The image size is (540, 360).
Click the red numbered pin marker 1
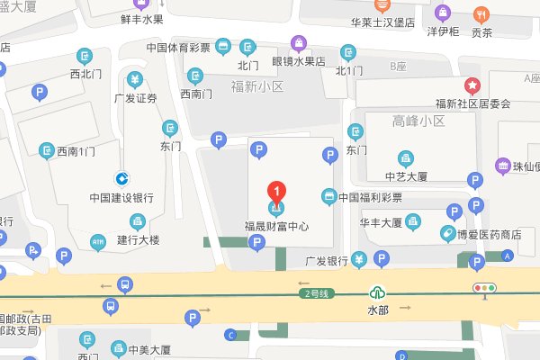pyautogui.click(x=277, y=191)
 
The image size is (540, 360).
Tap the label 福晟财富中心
pyautogui.click(x=277, y=226)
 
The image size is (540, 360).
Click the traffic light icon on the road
pyautogui.click(x=486, y=288)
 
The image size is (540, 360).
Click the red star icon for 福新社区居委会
pyautogui.click(x=472, y=86)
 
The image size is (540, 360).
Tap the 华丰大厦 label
pyautogui.click(x=380, y=220)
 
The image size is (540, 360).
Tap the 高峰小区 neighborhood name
pyautogui.click(x=419, y=121)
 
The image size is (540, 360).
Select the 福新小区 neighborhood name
pyautogui.click(x=257, y=87)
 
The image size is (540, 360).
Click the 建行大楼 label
pyautogui.click(x=138, y=240)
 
